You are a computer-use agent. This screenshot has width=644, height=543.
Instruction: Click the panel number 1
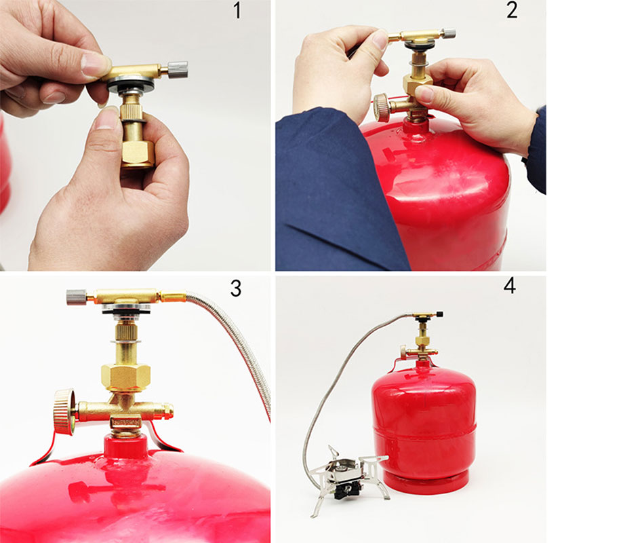[x=237, y=10]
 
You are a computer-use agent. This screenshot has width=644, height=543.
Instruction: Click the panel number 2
[x=512, y=10]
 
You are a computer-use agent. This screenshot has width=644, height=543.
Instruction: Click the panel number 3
[x=236, y=288]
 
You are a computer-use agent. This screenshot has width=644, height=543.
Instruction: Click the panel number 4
[x=509, y=286]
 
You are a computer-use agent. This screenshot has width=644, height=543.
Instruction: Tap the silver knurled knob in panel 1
[x=178, y=69]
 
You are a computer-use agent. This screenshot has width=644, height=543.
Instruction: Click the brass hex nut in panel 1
[x=138, y=155]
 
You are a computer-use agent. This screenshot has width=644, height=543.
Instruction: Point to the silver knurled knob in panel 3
[x=76, y=297]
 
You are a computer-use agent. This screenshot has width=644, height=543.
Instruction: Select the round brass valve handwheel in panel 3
[x=64, y=411]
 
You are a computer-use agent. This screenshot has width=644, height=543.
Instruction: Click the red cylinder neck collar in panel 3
[x=125, y=447]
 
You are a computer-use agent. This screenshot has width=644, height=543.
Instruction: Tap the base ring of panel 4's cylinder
[x=426, y=483]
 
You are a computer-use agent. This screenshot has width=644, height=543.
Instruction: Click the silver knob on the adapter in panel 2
[x=449, y=33]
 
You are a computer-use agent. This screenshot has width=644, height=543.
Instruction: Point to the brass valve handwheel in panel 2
[x=382, y=108]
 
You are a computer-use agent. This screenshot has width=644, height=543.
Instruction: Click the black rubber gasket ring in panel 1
[x=131, y=87]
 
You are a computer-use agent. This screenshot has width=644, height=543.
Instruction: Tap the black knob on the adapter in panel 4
[x=439, y=314]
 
